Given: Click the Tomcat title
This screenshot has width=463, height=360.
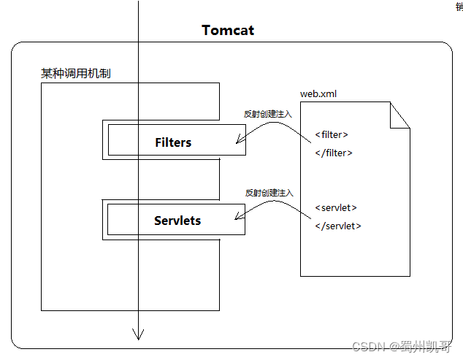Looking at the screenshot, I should pos(228,31).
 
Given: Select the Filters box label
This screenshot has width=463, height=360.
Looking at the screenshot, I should pos(173,142).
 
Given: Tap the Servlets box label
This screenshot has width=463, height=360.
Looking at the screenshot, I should pos(177,220).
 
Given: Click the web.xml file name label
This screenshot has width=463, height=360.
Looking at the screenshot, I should pos(318,93).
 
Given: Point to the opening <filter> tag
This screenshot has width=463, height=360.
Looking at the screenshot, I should pos(332,134).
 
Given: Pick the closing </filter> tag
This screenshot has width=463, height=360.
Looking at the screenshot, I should pos(334,153).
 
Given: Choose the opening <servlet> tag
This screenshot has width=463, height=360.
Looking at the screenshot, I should pos(336,207).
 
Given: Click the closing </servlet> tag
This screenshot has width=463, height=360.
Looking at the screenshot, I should pos(338,226).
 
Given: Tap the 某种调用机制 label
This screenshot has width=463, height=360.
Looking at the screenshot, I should pos(76,74).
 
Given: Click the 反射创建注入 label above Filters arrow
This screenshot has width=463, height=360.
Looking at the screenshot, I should pos(268,115).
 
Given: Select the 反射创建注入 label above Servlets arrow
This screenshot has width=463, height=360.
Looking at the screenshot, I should pos(269,193).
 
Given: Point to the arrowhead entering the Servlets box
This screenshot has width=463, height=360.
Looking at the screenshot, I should pos(238,217).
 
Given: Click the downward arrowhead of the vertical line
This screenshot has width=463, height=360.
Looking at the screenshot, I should pos(137,335).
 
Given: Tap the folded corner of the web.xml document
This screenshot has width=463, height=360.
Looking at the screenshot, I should pos(399,115).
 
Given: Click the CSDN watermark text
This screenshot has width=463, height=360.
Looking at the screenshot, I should pos(368,346).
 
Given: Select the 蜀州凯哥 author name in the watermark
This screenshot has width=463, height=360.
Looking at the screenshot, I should pos(432,346).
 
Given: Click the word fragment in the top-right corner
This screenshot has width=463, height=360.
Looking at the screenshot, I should pos(459,6).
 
